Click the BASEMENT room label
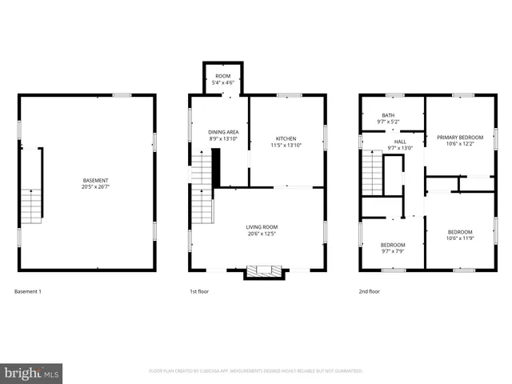(95, 180)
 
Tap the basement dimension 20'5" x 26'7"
(95, 188)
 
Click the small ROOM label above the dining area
(222, 75)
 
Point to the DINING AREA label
(223, 132)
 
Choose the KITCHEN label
(286, 138)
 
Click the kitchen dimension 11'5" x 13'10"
(286, 146)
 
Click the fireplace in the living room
(264, 272)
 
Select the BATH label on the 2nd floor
(388, 115)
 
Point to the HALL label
(400, 141)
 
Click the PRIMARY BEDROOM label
(459, 137)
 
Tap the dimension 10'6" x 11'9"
(459, 238)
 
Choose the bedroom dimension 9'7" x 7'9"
(392, 251)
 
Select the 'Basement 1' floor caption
(28, 291)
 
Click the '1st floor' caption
(200, 291)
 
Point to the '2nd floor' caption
(369, 291)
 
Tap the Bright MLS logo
(32, 373)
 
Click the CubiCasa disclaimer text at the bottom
(256, 370)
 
